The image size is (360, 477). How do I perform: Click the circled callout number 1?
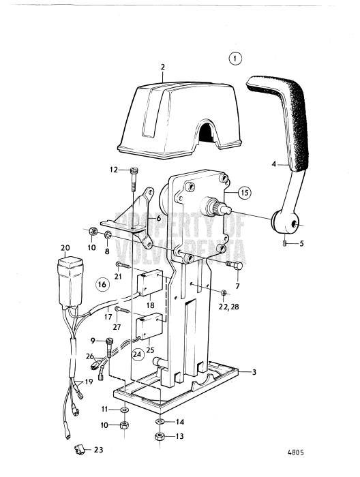[x=235, y=59]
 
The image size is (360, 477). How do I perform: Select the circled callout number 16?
[x=102, y=283]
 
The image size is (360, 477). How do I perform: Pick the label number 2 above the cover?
[x=163, y=67]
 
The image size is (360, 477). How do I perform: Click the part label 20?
[x=65, y=247]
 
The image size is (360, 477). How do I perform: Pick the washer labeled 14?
[x=160, y=421]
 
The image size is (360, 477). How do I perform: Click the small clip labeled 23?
[x=79, y=449]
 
